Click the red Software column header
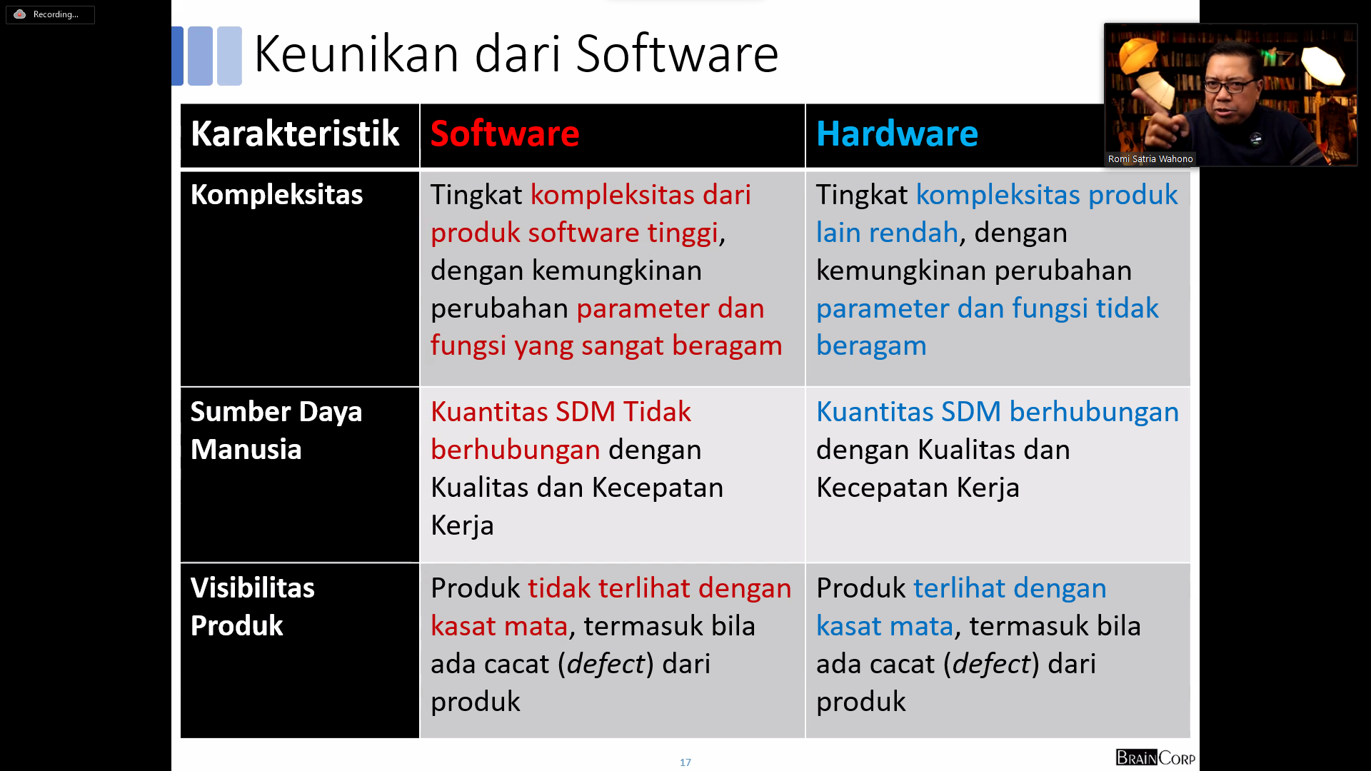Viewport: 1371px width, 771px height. click(505, 133)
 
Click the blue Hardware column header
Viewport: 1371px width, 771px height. click(897, 133)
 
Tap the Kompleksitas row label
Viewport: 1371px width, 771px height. click(276, 194)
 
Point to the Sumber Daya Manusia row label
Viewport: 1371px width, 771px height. click(276, 430)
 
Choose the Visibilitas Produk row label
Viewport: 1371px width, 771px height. click(252, 607)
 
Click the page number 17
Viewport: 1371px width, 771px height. click(685, 762)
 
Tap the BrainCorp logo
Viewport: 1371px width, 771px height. click(1155, 757)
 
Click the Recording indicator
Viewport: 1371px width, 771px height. click(50, 14)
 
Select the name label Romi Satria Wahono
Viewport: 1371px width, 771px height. click(1150, 159)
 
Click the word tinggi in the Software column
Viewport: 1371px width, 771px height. click(682, 233)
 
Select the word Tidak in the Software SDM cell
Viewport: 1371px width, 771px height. click(657, 412)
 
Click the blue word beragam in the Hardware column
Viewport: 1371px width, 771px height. click(871, 346)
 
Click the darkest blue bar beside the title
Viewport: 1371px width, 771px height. click(178, 56)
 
